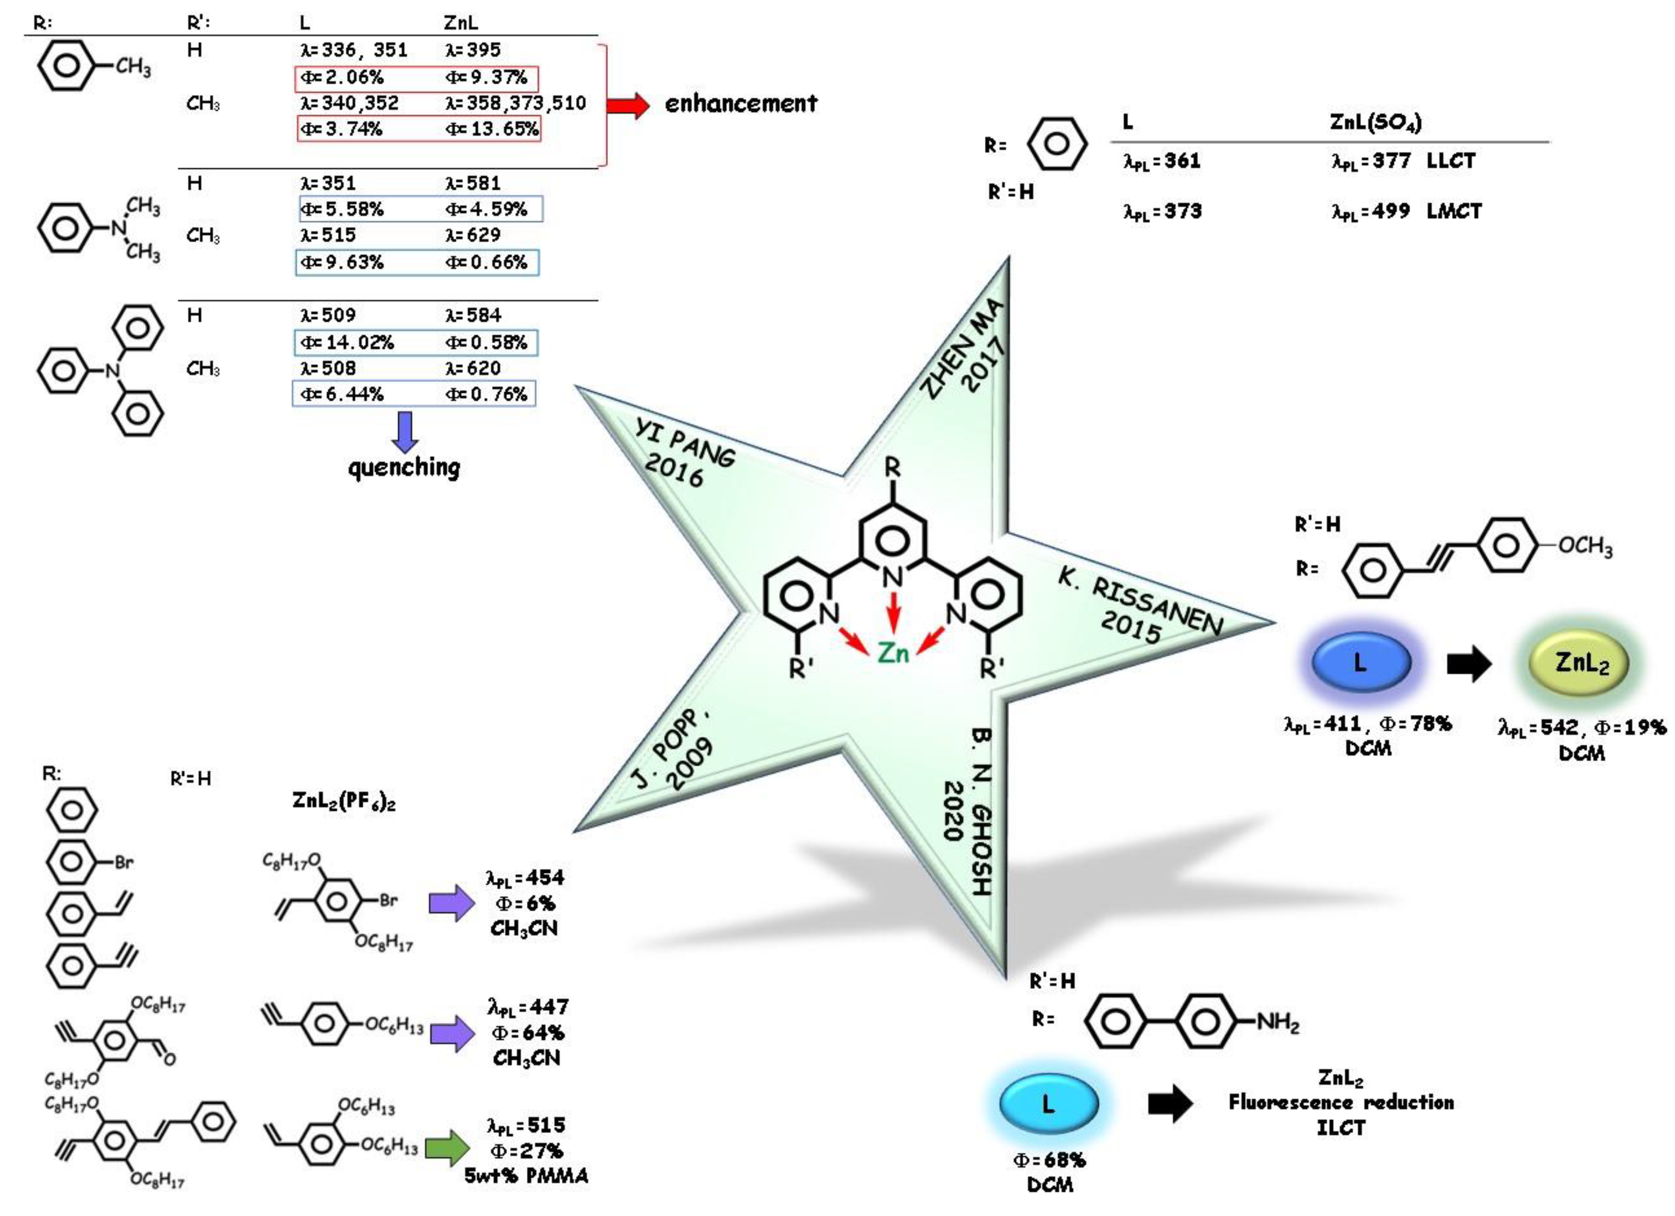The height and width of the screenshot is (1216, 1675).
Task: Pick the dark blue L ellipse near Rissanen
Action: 1360,662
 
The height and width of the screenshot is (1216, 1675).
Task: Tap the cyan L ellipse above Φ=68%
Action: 1048,1104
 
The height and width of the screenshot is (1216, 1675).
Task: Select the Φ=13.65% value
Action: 492,129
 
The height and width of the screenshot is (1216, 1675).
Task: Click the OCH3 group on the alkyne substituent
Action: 1585,547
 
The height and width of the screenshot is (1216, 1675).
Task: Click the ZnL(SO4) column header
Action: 1375,122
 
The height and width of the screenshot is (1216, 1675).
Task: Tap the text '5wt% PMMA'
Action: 526,1176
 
